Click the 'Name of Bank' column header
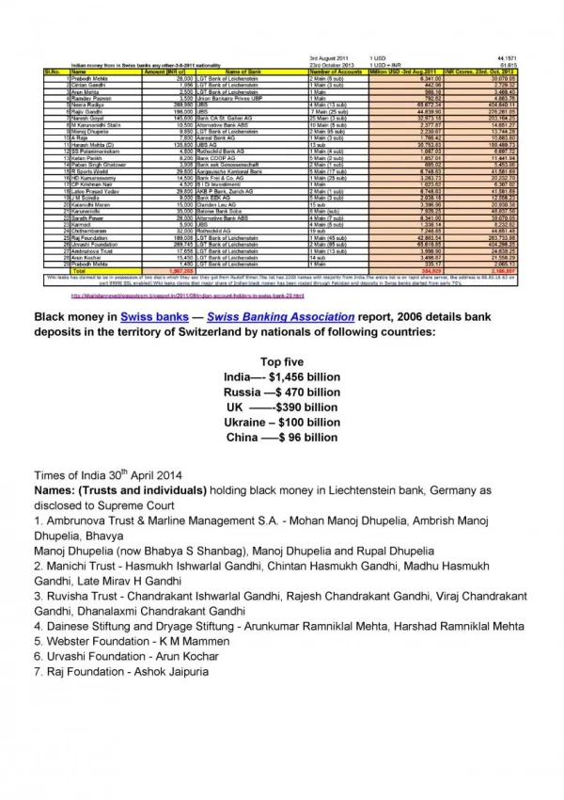pyautogui.click(x=244, y=72)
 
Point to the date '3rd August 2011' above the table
pyautogui.click(x=330, y=57)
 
